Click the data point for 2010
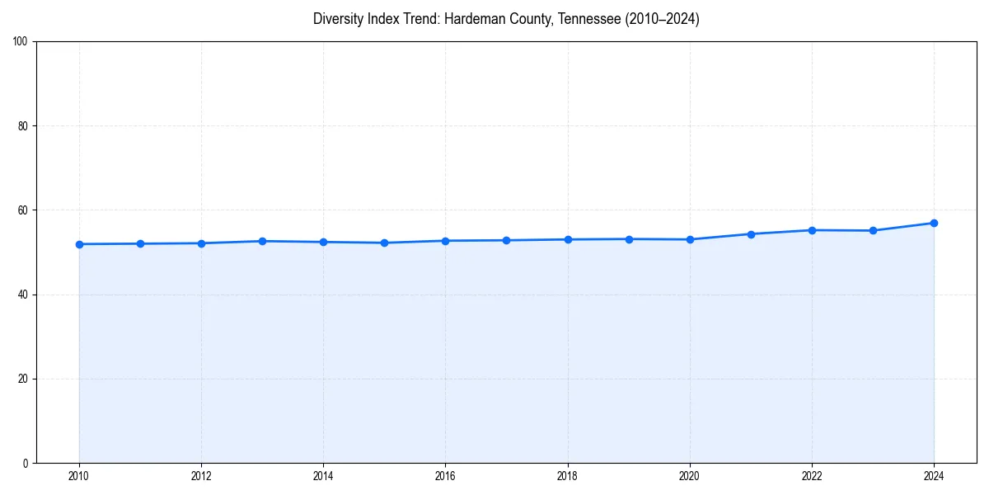[79, 244]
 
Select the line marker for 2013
[262, 241]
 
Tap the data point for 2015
[384, 243]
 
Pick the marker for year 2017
[506, 240]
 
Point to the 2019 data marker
[629, 239]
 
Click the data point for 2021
[751, 234]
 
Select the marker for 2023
[873, 230]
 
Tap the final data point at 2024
[934, 223]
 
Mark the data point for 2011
[140, 243]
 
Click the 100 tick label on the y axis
[21, 42]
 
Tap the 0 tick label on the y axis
[26, 463]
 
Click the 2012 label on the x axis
[201, 476]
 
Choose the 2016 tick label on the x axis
[445, 476]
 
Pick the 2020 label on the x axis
[690, 476]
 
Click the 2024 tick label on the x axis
[934, 476]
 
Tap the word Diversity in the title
[336, 19]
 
